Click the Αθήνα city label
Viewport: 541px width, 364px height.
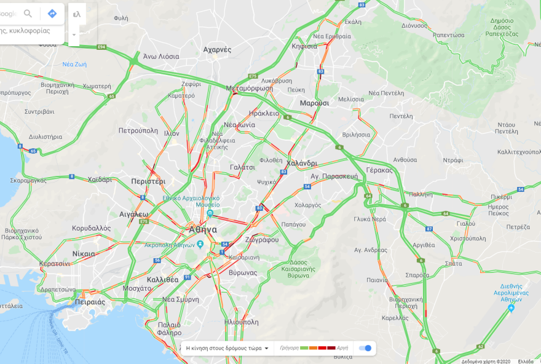202,229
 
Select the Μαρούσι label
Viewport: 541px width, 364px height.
314,103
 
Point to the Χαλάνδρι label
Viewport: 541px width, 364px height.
302,164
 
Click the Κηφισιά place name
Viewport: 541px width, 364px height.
304,46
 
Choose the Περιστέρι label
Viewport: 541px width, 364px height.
148,181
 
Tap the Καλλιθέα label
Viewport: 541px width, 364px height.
163,279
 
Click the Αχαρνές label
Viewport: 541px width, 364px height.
217,49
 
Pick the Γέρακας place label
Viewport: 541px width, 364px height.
379,170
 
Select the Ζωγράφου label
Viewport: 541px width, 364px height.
262,240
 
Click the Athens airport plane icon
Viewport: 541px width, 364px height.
511,307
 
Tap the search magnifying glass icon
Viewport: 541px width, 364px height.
28,14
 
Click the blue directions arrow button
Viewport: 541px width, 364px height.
52,14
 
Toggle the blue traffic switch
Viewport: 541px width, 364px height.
365,348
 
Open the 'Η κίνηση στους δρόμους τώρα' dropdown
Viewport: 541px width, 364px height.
227,348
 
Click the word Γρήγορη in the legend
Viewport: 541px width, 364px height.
289,348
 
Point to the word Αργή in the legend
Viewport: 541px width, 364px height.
342,348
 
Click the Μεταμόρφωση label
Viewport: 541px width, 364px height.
249,88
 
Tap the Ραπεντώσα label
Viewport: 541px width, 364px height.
448,35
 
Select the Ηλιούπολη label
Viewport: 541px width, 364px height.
242,322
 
